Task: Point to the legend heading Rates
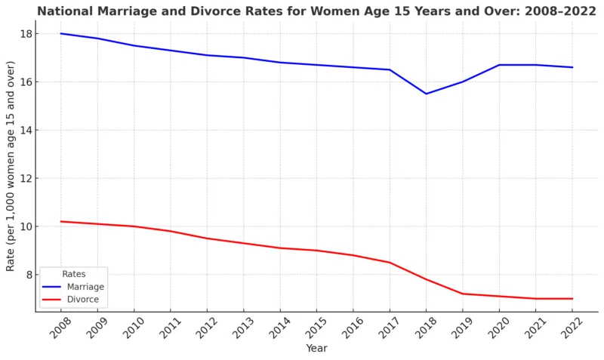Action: (x=74, y=274)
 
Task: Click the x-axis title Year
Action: (x=316, y=348)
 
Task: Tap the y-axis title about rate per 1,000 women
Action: (x=11, y=166)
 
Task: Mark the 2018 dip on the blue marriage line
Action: (x=426, y=94)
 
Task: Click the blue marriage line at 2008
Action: (x=60, y=33)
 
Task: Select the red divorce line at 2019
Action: (x=462, y=294)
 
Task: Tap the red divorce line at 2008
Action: (x=60, y=221)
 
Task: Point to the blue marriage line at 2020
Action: (x=499, y=65)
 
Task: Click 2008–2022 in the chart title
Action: (x=528, y=11)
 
